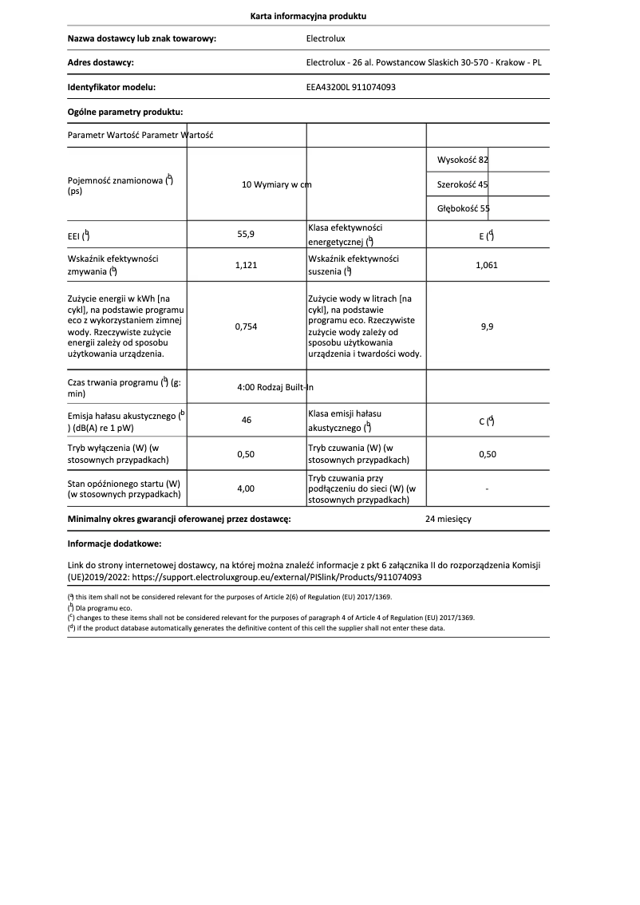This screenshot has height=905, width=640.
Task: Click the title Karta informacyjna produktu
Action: coord(308,16)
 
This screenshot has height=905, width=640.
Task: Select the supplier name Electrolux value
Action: coord(326,38)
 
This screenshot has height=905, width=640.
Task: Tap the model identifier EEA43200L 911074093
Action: coord(351,87)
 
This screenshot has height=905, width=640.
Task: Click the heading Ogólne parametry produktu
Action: coord(125,112)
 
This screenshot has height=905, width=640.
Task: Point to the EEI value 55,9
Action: coord(246,235)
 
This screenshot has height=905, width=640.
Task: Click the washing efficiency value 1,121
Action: coord(246,265)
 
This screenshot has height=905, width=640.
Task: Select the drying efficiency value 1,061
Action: coord(486,265)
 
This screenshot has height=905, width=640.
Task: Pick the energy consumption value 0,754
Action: coord(246,326)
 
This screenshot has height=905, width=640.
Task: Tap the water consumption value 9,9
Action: coord(486,326)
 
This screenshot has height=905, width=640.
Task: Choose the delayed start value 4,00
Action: coord(246,488)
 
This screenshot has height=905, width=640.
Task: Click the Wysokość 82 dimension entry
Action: coord(463,160)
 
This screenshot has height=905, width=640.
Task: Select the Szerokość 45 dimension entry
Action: coord(463,184)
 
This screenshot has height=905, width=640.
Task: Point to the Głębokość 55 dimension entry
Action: coord(464,208)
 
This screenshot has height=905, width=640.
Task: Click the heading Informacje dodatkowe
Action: coord(114,543)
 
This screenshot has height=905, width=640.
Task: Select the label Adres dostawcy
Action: coord(101,62)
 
